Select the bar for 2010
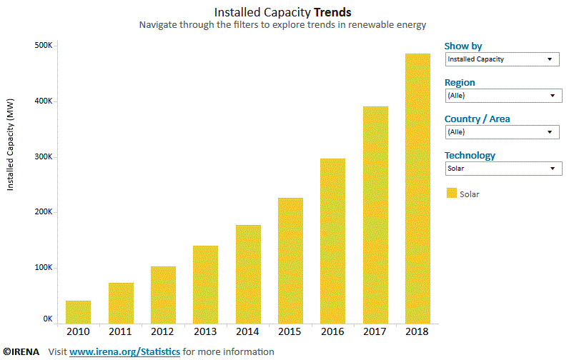[78, 311]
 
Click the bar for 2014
[248, 274]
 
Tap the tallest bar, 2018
[417, 189]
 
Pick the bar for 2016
[332, 241]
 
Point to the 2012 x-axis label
[163, 331]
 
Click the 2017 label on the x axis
[375, 331]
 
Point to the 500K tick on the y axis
[44, 46]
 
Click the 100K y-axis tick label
[44, 268]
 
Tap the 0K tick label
[47, 319]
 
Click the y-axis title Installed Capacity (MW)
[11, 145]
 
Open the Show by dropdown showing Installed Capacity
[501, 59]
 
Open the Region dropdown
[503, 96]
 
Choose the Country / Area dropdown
[501, 132]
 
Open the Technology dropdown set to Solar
[503, 169]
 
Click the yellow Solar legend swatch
[451, 193]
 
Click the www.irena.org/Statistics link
[124, 351]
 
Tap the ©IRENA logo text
[22, 351]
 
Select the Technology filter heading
[470, 155]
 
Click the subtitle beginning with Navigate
[282, 25]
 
